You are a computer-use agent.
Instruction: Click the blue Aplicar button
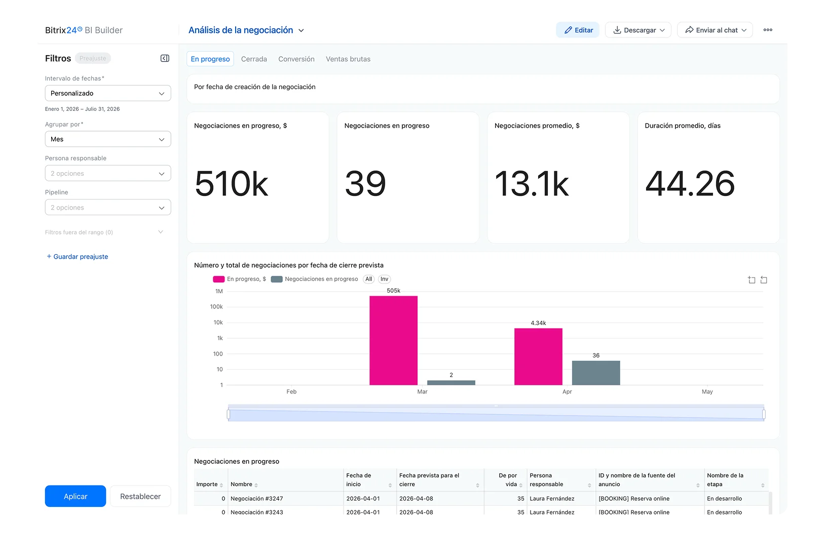click(x=75, y=496)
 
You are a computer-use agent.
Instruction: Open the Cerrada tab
click(x=254, y=59)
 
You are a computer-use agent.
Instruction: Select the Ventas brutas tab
click(x=348, y=59)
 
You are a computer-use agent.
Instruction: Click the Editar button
click(x=578, y=30)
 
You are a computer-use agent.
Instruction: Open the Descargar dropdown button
click(x=638, y=30)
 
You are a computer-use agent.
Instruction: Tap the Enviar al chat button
click(x=715, y=30)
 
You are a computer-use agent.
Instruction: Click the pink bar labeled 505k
click(x=393, y=340)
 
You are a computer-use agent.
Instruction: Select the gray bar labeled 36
click(x=596, y=373)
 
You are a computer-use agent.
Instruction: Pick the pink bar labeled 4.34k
click(x=538, y=356)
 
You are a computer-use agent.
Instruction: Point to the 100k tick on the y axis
click(x=216, y=306)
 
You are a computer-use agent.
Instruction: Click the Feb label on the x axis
click(x=291, y=391)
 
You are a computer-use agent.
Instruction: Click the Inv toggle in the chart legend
click(x=384, y=279)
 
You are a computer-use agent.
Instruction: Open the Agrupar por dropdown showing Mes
click(x=108, y=139)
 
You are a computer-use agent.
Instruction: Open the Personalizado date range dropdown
click(x=108, y=93)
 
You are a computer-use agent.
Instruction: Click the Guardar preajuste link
click(x=78, y=257)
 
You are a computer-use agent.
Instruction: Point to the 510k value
click(x=231, y=184)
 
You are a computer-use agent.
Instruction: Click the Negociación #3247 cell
click(x=257, y=498)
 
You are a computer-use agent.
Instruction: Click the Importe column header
click(x=207, y=484)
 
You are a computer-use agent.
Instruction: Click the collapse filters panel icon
click(x=165, y=58)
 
